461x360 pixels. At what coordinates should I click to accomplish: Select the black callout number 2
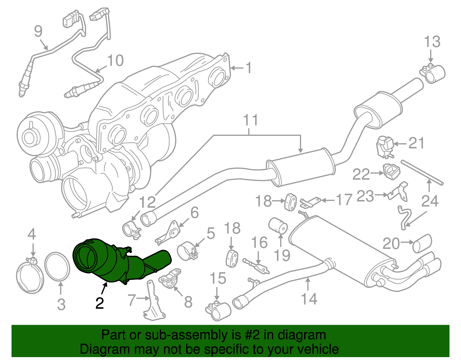pos(99,303)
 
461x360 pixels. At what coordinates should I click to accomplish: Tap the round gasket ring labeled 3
pos(57,266)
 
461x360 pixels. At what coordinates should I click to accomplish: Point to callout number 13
pos(432,42)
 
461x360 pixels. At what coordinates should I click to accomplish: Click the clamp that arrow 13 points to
pos(434,73)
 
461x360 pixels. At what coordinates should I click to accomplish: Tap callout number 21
pos(416,143)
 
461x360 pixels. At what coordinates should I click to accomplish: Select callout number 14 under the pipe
pos(309,299)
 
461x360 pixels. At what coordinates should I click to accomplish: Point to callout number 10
pos(116,61)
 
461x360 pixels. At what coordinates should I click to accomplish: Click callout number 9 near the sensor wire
pos(38,31)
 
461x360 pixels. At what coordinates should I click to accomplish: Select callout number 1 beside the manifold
pos(248,68)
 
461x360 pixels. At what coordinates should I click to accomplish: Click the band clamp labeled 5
pos(187,250)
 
